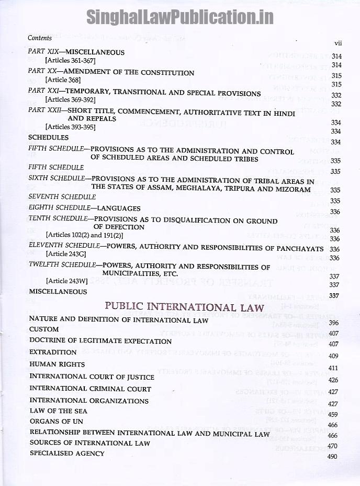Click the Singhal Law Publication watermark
coord(179,17)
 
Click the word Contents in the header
coord(40,38)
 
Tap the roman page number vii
coord(337,42)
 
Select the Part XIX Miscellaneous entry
coord(76,52)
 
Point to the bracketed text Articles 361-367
coord(70,61)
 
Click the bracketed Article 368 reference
coord(63,80)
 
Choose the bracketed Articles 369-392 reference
coord(70,99)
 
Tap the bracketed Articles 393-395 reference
coord(70,127)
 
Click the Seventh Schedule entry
coord(62,197)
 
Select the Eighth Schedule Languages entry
coord(84,208)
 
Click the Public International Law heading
coord(184,307)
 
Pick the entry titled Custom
coord(40,330)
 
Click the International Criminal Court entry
coord(90,389)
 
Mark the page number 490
coord(332,456)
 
